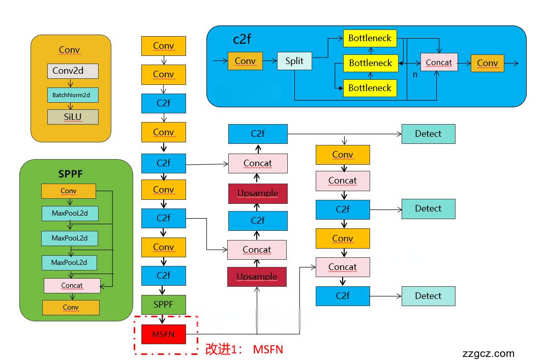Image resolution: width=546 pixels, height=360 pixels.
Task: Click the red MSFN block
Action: (163, 334)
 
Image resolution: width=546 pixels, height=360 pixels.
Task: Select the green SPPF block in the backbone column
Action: (163, 304)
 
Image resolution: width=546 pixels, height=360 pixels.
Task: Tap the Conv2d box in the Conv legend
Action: (72, 71)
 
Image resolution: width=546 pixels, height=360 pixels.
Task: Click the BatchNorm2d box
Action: (72, 95)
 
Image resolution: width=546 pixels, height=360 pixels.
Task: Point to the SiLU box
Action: (72, 116)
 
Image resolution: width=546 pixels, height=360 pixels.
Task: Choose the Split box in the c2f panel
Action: (294, 61)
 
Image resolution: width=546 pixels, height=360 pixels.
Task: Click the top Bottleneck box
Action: (370, 38)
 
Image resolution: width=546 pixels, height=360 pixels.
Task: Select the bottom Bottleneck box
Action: (370, 87)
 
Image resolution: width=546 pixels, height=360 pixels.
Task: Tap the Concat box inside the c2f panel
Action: (439, 63)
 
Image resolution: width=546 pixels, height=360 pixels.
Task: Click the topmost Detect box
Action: (428, 134)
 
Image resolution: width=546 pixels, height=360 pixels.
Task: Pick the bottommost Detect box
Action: (428, 296)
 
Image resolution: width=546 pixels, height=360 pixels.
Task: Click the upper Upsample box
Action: (258, 194)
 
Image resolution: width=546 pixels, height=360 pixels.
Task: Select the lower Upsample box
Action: (257, 277)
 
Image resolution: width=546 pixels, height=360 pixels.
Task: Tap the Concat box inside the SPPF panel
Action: (72, 285)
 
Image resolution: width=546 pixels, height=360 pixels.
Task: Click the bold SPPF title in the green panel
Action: (70, 174)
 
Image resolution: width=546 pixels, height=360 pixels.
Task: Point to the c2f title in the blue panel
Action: (242, 39)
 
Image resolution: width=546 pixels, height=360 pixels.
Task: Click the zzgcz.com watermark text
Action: (489, 353)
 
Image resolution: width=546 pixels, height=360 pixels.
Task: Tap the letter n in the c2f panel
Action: (415, 74)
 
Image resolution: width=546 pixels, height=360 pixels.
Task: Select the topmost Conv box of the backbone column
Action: (163, 46)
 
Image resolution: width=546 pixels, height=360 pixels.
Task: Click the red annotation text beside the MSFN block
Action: (244, 349)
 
